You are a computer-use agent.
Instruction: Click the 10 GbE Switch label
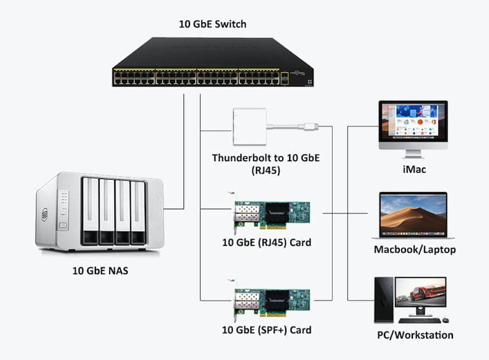pyautogui.click(x=212, y=24)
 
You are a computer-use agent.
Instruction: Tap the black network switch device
pyautogui.click(x=212, y=64)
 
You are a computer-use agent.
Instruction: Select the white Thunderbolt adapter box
pyautogui.click(x=250, y=127)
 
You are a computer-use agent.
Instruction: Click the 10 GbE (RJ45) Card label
pyautogui.click(x=266, y=243)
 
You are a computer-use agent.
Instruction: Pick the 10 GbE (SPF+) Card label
pyautogui.click(x=266, y=330)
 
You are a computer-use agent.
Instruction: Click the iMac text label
pyautogui.click(x=414, y=169)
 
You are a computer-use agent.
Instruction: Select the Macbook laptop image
pyautogui.click(x=413, y=216)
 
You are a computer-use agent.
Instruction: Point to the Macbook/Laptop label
pyautogui.click(x=414, y=249)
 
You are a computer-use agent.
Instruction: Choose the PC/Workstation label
pyautogui.click(x=414, y=335)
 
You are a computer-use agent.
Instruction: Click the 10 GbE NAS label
pyautogui.click(x=100, y=270)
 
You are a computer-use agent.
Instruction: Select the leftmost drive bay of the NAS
pyautogui.click(x=90, y=211)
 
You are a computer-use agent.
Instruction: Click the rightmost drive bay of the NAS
pyautogui.click(x=138, y=211)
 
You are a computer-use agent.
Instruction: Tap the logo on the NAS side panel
pyautogui.click(x=45, y=214)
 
